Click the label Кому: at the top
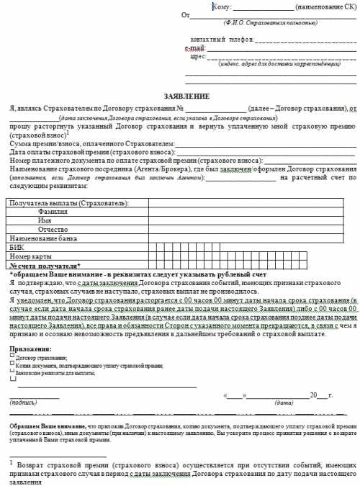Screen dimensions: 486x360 click(222, 6)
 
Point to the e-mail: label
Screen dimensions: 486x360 click(195, 47)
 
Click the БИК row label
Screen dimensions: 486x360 click(18, 246)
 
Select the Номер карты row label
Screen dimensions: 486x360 click(32, 255)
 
